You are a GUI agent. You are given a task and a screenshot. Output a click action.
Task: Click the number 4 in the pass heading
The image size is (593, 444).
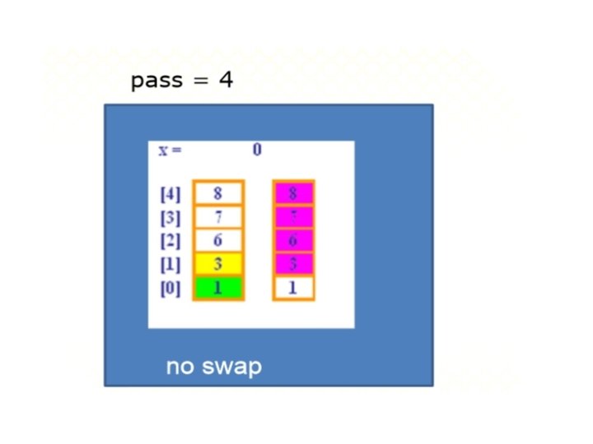[x=226, y=81]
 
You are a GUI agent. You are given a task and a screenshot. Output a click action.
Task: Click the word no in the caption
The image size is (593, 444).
[x=181, y=367]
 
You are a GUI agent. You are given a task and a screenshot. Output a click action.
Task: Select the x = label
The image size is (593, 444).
[x=170, y=150]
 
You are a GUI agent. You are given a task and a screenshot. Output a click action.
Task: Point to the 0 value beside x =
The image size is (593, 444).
[x=257, y=150]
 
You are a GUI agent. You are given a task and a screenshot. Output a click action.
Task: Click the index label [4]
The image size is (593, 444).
[x=170, y=195]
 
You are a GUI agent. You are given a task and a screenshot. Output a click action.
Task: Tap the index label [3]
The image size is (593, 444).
[x=170, y=218]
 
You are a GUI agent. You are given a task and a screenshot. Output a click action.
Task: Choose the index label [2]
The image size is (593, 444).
[x=170, y=242]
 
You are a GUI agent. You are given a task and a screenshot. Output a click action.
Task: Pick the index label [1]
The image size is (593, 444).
[x=170, y=265]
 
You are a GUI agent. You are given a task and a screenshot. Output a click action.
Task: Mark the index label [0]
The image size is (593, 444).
[x=170, y=289]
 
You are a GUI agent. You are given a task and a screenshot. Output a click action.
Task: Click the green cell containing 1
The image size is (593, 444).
[x=218, y=288]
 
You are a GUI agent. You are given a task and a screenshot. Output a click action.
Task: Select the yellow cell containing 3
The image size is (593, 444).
[x=218, y=265]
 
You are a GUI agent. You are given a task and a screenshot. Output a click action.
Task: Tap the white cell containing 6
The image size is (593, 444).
[x=218, y=241]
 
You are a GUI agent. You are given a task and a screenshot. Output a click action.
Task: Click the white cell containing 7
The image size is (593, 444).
[x=218, y=218]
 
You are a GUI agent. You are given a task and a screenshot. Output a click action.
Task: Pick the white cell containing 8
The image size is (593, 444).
[x=218, y=194]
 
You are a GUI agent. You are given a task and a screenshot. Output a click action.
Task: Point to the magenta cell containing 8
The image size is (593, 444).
[x=294, y=194]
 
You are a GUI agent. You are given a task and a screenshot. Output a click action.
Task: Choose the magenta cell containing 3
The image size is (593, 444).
[x=294, y=265]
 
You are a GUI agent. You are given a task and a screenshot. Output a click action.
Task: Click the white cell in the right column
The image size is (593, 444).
[x=294, y=289]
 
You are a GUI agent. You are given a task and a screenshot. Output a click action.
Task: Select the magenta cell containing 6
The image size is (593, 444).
[x=294, y=241]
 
